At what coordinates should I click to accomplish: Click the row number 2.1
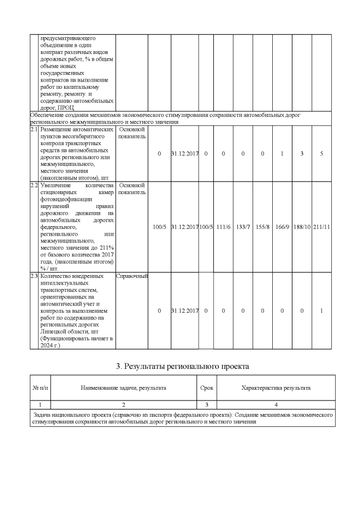point(34,129)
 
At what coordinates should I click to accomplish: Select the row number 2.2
point(34,185)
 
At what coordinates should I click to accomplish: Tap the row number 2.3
point(34,276)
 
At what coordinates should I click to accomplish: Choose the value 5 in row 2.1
point(321,154)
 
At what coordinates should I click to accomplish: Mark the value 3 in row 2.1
point(301,154)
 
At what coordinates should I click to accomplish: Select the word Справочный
point(132,276)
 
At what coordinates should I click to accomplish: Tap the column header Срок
point(206,388)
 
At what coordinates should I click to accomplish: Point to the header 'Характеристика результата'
point(276,388)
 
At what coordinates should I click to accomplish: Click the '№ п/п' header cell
point(40,388)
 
